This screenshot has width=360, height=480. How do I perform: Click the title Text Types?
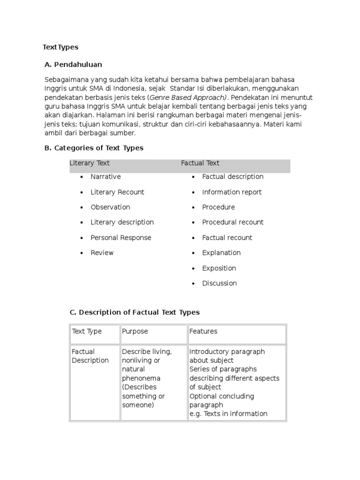pos(60,47)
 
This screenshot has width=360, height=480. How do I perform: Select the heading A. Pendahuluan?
pos(73,64)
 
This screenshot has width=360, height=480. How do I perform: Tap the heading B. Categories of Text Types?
pos(94,148)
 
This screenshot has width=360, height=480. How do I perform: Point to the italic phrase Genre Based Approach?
pos(187,97)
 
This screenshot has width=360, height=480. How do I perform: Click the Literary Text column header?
pos(90,163)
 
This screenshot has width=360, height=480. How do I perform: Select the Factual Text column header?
pos(200,163)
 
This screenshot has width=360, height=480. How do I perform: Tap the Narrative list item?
pos(105,177)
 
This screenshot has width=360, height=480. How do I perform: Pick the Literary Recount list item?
pos(117,192)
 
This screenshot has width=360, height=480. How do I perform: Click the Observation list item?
pos(110,207)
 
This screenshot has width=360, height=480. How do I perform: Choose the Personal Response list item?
pos(121,238)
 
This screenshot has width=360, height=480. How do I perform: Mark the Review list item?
pos(102,253)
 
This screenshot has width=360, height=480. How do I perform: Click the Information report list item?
pos(232,192)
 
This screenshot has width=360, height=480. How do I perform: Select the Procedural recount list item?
pos(232,222)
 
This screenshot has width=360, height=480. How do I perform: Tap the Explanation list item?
pos(221,253)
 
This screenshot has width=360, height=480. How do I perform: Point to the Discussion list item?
pos(219,283)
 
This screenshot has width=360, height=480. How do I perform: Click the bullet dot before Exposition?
pos(193,269)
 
